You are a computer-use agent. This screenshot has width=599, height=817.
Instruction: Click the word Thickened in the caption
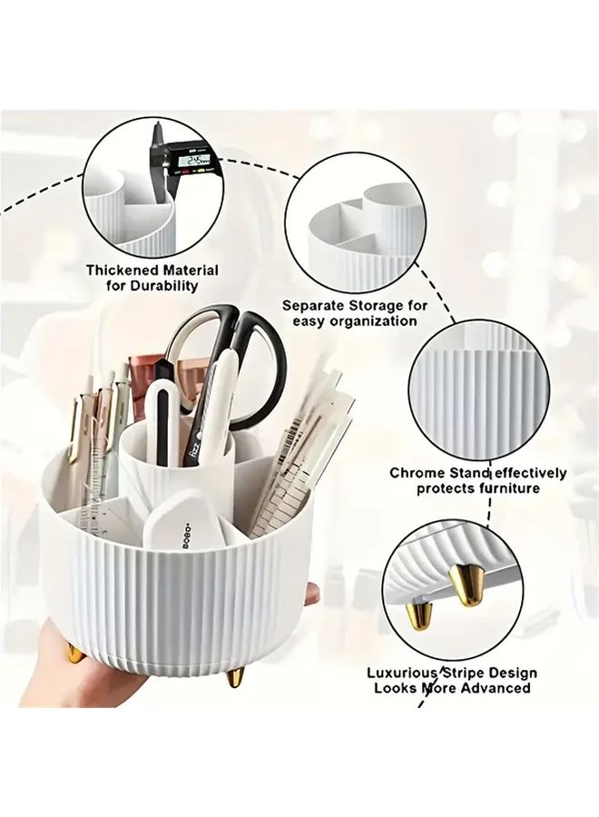123,271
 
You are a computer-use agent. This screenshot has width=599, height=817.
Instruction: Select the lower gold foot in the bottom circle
420,615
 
